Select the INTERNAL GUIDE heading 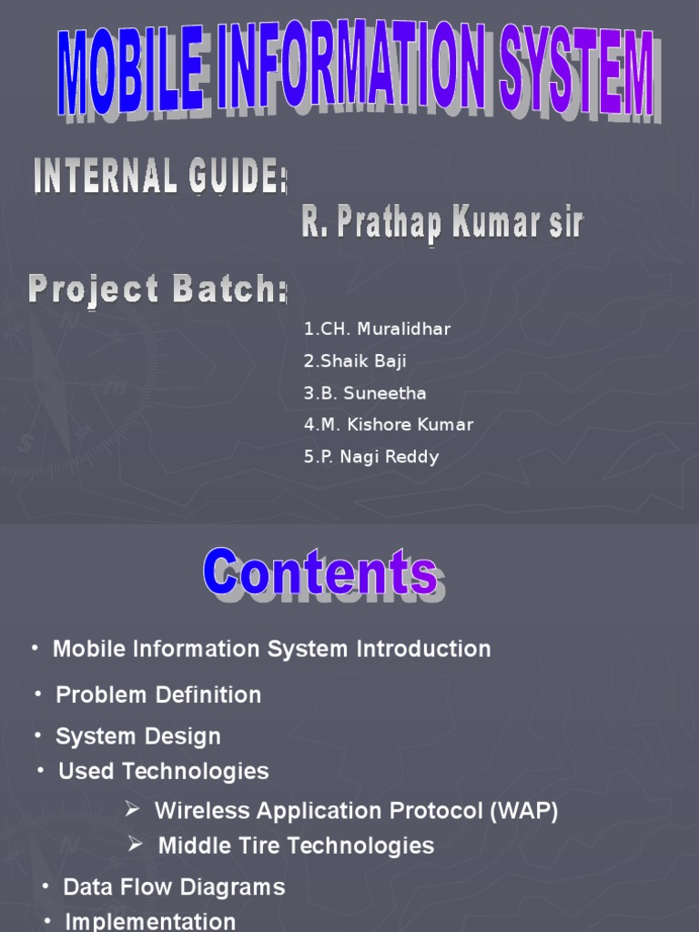click(x=160, y=176)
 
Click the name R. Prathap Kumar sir click(x=442, y=223)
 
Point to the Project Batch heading click(x=157, y=289)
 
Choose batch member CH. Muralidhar click(x=378, y=329)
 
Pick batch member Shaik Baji click(x=355, y=361)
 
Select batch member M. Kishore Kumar click(x=389, y=425)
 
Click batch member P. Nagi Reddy click(x=371, y=457)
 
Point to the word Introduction click(x=423, y=649)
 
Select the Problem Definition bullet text click(x=158, y=695)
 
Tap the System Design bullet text click(x=138, y=736)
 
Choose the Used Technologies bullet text click(x=164, y=772)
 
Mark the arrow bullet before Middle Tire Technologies click(x=135, y=845)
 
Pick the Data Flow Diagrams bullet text click(x=174, y=887)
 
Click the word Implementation click(x=150, y=921)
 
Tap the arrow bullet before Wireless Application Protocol click(x=132, y=809)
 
